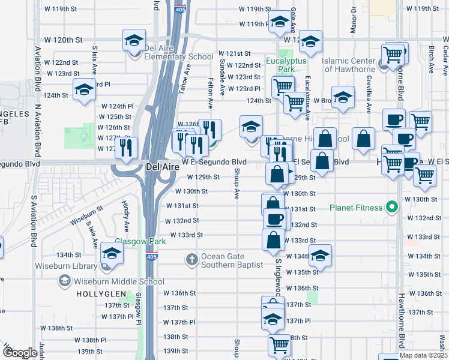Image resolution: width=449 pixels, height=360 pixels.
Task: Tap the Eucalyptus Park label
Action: pos(286,65)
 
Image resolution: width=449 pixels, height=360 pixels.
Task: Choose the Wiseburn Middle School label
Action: pos(119,281)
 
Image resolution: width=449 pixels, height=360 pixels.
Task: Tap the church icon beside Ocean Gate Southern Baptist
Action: pos(191,259)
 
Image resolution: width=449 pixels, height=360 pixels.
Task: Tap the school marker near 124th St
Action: pos(84,90)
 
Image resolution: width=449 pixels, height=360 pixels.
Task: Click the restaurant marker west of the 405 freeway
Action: pos(126,148)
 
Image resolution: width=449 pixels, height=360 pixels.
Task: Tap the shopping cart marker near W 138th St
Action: pos(279,344)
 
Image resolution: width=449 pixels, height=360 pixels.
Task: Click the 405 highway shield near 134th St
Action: pos(151,257)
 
